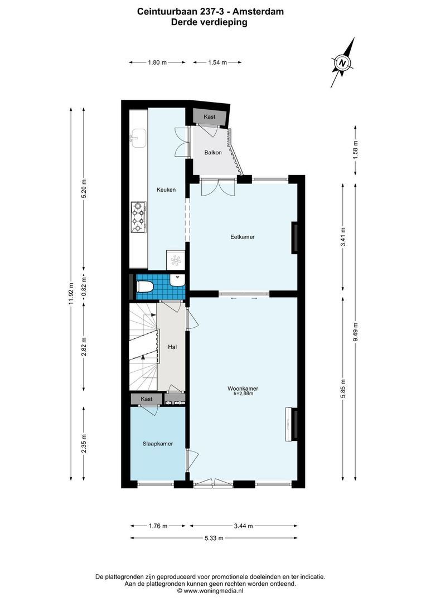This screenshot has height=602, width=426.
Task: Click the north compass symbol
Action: point(343,62)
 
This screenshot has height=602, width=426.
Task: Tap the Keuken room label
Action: point(166,190)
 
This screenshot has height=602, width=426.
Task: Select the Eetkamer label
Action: point(243,237)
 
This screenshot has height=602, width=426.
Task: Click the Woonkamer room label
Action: point(243,389)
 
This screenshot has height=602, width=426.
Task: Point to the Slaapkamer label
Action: point(157,444)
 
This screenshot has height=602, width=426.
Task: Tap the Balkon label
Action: point(212,152)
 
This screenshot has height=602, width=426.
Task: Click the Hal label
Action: point(172,347)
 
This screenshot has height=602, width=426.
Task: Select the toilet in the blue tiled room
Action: point(144,287)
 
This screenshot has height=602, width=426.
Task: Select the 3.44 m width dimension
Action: point(243,526)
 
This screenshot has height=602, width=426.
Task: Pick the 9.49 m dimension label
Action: point(356,333)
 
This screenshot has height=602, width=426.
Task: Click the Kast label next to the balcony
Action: point(210,117)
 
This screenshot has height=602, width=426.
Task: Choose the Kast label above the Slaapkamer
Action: point(147,399)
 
